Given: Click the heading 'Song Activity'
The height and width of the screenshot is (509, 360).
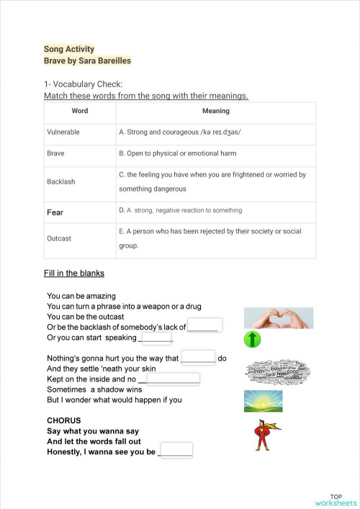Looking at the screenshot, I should point(69,49).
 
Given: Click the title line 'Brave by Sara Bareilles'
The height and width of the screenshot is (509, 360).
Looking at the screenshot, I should point(87,61).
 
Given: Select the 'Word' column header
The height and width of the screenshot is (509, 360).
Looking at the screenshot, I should point(80,111).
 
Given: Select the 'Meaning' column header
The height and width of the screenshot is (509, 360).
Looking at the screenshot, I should point(215,111).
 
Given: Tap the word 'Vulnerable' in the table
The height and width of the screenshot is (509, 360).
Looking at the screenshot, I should point(63,132).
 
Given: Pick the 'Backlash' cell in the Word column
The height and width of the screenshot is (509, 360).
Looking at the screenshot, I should point(60,181).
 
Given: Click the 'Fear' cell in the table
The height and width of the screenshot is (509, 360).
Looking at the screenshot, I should point(55,212).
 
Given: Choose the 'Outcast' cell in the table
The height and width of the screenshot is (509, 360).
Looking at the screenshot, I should point(59,238).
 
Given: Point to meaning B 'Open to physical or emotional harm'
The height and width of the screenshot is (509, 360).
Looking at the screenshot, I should point(187,153).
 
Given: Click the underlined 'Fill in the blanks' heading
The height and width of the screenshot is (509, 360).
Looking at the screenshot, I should point(74,274).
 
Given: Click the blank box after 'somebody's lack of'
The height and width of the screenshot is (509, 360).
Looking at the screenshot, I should point(204,325).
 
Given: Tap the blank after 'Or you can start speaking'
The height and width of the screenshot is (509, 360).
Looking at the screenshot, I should point(156,337).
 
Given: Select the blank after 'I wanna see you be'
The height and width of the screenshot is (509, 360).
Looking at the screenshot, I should point(176,451).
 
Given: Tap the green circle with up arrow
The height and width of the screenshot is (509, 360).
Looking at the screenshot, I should point(252,338).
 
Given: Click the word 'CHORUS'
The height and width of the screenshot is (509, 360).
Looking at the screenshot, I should point(64,420).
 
